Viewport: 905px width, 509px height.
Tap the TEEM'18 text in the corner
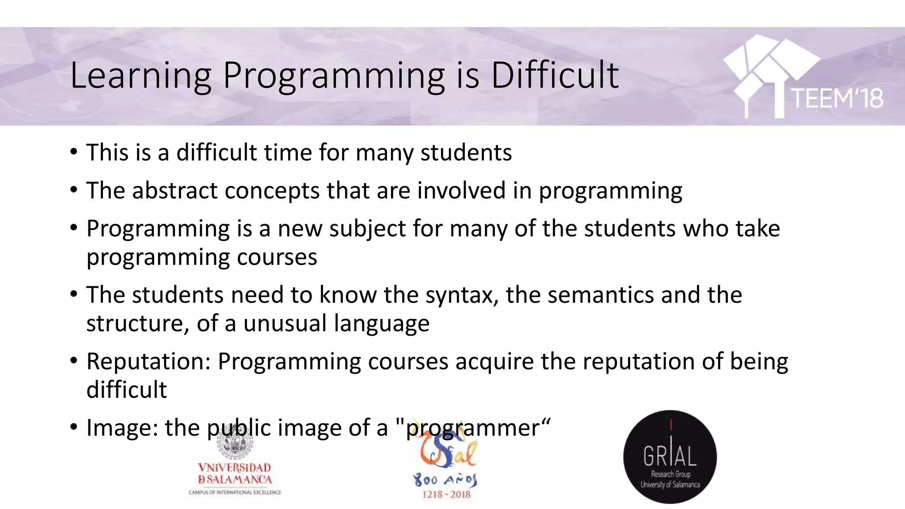pyautogui.click(x=837, y=98)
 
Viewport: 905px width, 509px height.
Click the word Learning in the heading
pyautogui.click(x=141, y=76)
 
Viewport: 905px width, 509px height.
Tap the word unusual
pyautogui.click(x=285, y=323)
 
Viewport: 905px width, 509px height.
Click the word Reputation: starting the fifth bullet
pyautogui.click(x=148, y=361)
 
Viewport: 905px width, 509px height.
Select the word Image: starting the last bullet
pyautogui.click(x=122, y=428)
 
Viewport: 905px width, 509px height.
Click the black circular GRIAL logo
pyautogui.click(x=670, y=457)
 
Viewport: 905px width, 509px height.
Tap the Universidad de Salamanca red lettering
pyautogui.click(x=235, y=474)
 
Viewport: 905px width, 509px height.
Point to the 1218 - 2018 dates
pyautogui.click(x=446, y=494)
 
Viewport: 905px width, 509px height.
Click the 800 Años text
pyautogui.click(x=445, y=480)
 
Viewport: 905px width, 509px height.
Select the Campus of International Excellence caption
pyautogui.click(x=235, y=492)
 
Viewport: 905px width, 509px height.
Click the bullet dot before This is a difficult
pyautogui.click(x=74, y=152)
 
